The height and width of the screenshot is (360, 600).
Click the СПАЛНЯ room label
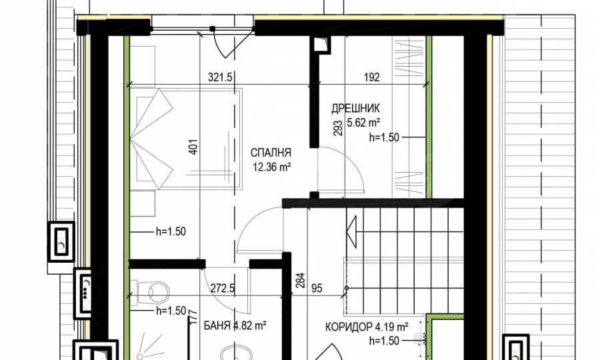(271, 153)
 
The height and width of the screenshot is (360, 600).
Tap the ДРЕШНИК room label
(355, 108)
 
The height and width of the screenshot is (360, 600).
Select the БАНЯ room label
(217, 325)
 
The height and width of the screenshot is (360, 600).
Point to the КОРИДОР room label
(349, 327)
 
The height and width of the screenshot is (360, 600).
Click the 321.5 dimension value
(220, 77)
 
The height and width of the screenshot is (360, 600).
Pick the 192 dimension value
(371, 77)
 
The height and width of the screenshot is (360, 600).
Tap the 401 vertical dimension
(194, 147)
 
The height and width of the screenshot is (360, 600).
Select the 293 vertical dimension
(338, 128)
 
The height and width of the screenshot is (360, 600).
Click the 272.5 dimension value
(222, 288)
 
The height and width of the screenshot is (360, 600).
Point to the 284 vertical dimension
(300, 281)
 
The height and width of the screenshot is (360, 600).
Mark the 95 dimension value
(317, 288)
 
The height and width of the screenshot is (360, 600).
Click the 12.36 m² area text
(272, 167)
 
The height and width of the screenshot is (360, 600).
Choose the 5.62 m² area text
(363, 123)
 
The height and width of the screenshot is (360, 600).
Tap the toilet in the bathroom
(151, 293)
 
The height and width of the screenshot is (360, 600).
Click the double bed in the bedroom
(186, 139)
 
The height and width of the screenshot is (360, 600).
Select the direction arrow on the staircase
(351, 232)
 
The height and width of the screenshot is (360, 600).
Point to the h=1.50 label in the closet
(384, 137)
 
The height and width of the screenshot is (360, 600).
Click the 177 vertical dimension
(193, 318)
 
